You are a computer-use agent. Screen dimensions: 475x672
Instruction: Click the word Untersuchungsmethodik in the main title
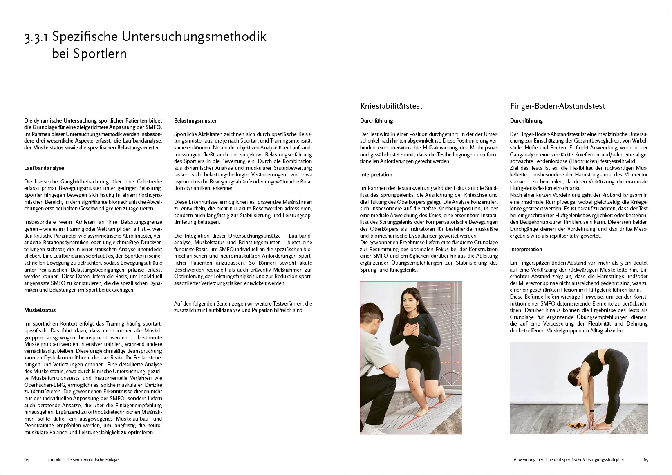point(194,37)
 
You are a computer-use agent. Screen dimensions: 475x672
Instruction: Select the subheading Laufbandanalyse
point(44,168)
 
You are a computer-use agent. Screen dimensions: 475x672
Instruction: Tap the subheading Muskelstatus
point(40,310)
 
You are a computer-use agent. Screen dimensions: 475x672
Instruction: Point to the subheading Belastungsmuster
point(195,120)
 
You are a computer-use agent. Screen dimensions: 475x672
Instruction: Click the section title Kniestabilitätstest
point(391,106)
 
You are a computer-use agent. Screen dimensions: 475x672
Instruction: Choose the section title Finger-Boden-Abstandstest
point(558,106)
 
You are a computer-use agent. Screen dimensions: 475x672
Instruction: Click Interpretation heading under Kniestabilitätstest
point(376,174)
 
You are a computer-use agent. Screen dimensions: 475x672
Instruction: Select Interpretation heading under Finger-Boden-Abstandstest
point(526,249)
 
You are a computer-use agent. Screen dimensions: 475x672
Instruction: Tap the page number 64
point(27,459)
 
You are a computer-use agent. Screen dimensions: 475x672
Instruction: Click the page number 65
point(646,459)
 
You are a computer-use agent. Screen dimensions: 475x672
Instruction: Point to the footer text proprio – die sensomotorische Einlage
point(83,459)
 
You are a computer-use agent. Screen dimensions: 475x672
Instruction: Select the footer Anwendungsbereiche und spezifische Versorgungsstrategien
point(569,459)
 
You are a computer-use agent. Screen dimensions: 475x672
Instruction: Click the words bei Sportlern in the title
point(90,54)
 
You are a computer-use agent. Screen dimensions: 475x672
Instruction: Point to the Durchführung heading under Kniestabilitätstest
point(376,120)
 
